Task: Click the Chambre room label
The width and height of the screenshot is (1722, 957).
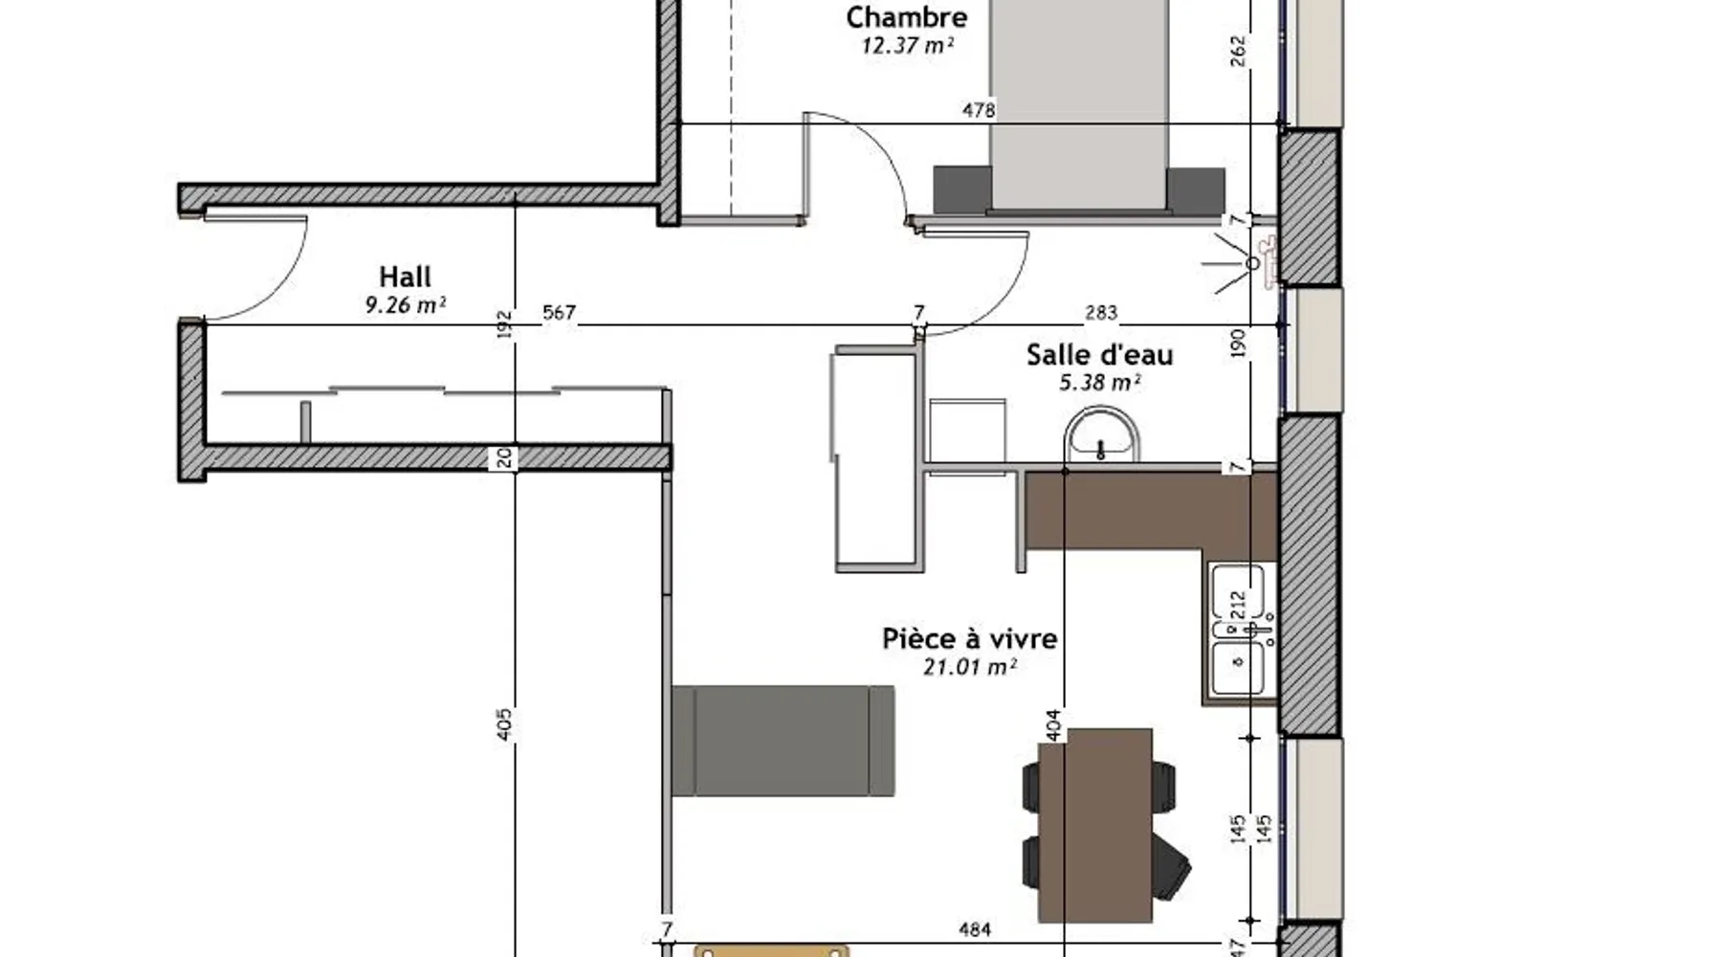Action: [906, 17]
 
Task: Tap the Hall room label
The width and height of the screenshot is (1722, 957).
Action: [405, 277]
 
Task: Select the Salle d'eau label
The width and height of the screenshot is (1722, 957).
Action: [1099, 355]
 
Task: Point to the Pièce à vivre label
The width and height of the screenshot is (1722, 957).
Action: [969, 638]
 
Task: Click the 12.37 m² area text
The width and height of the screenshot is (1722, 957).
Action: [907, 45]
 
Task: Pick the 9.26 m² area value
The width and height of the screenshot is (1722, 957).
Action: [405, 305]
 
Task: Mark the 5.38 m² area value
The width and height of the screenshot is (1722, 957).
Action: [1099, 383]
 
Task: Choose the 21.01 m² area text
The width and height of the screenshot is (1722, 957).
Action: [969, 666]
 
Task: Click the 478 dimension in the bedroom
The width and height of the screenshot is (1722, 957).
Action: [979, 110]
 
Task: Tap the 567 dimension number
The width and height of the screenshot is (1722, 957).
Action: [559, 313]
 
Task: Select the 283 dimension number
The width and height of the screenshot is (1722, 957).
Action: [1101, 313]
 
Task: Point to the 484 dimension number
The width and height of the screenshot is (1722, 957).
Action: [974, 928]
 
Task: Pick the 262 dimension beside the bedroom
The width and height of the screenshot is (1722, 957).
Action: [1238, 51]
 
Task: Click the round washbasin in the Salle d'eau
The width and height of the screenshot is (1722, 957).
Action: [1102, 435]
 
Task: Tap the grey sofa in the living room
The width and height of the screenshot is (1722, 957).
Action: [783, 741]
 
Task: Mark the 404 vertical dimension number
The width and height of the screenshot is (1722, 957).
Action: [1053, 724]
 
